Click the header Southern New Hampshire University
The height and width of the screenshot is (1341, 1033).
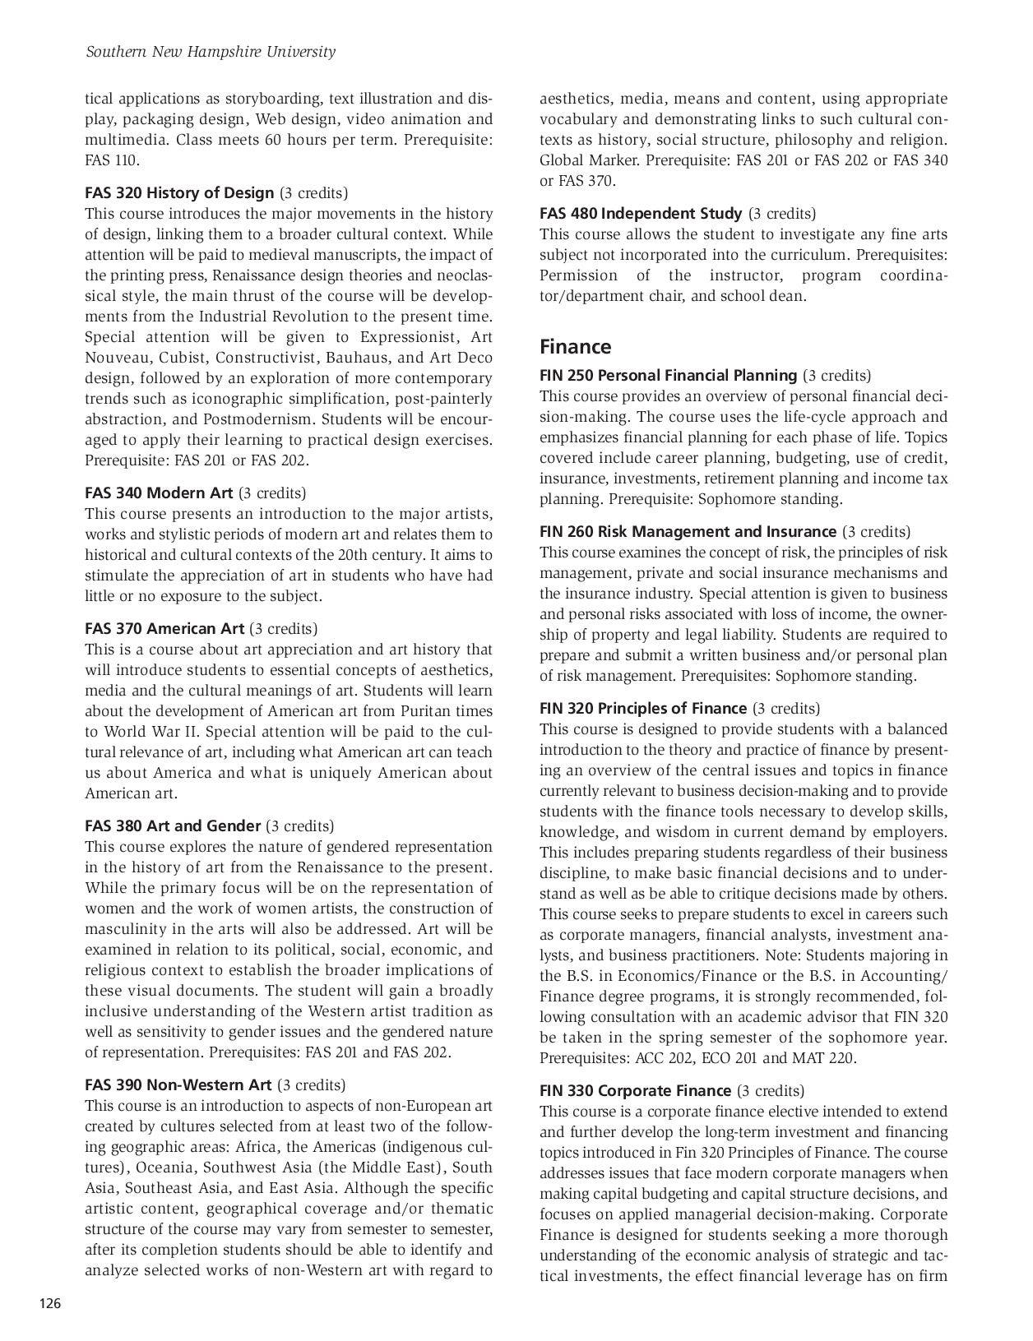tap(211, 52)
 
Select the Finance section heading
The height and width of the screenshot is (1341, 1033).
tap(575, 347)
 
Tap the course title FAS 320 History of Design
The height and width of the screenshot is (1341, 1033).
tap(179, 193)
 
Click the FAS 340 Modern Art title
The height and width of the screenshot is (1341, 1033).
tap(159, 493)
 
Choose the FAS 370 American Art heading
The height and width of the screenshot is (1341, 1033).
tap(164, 629)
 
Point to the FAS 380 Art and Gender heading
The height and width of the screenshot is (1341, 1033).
tap(173, 825)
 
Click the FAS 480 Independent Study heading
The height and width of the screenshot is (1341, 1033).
tap(641, 214)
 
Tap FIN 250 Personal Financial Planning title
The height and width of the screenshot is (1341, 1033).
tap(668, 376)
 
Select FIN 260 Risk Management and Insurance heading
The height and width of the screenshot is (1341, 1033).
tap(688, 532)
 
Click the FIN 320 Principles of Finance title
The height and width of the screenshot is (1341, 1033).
tap(643, 709)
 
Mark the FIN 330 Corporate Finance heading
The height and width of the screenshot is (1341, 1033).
tap(635, 1091)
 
